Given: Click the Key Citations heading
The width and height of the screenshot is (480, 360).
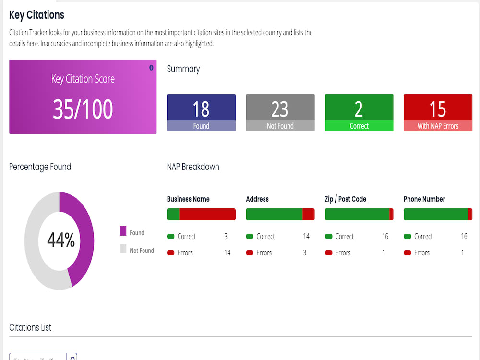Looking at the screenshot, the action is pyautogui.click(x=37, y=15).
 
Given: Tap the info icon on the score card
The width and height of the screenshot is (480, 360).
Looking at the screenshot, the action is pyautogui.click(x=151, y=68).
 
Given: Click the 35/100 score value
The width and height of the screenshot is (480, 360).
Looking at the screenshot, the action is pyautogui.click(x=83, y=109).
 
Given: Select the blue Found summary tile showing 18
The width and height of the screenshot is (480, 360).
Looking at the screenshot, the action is pyautogui.click(x=201, y=112).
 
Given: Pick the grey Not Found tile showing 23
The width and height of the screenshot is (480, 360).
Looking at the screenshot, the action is pyautogui.click(x=280, y=112).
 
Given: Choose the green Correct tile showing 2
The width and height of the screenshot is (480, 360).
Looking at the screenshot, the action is pyautogui.click(x=359, y=112).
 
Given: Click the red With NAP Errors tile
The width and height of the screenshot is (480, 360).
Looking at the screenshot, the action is pyautogui.click(x=438, y=112).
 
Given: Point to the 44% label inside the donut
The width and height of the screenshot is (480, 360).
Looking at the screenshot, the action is pyautogui.click(x=61, y=240).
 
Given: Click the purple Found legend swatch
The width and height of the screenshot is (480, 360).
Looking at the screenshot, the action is pyautogui.click(x=123, y=231).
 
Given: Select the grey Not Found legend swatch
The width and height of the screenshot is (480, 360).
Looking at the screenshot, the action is pyautogui.click(x=123, y=249).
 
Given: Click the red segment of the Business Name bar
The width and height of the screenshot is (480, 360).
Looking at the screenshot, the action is pyautogui.click(x=207, y=214).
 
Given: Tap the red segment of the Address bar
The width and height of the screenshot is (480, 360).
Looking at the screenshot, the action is pyautogui.click(x=309, y=214).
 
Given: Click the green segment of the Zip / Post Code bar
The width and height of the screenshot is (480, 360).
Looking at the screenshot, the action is pyautogui.click(x=357, y=214).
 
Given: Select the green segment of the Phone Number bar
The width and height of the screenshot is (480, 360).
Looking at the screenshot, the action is pyautogui.click(x=436, y=214).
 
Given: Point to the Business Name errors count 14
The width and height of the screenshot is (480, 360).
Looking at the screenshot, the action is pyautogui.click(x=227, y=252).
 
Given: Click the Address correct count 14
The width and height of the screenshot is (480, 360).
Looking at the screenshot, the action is pyautogui.click(x=306, y=236).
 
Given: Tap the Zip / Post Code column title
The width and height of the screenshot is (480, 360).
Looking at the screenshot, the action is pyautogui.click(x=345, y=199).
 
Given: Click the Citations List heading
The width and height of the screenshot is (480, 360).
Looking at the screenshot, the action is pyautogui.click(x=30, y=327).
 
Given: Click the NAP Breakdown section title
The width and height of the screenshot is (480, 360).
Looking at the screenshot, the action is pyautogui.click(x=193, y=167).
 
